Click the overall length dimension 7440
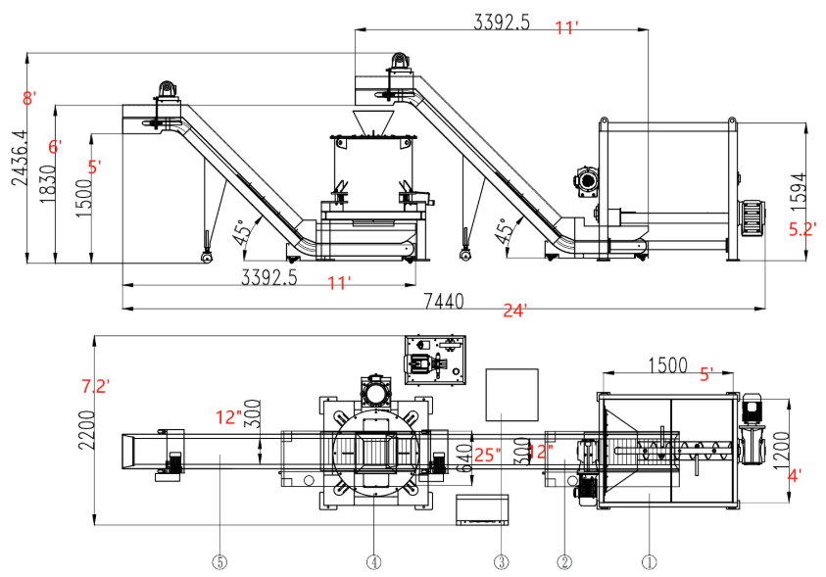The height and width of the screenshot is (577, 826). [x=444, y=301]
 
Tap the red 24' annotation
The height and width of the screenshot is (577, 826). [x=514, y=311]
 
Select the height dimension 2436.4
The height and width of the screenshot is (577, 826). [x=21, y=158]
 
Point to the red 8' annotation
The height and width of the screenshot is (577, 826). [x=29, y=98]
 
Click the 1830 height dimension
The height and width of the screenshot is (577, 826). [x=48, y=184]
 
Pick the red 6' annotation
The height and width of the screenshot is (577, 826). [x=55, y=146]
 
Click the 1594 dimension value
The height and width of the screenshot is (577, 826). [x=798, y=188]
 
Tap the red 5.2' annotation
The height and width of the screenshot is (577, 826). [x=802, y=229]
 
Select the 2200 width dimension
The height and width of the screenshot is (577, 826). [x=87, y=430]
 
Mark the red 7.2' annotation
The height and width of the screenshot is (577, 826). [x=95, y=386]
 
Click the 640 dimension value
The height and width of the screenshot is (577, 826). [x=464, y=458]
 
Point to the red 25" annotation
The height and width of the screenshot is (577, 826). [x=487, y=455]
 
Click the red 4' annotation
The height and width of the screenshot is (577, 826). [x=795, y=476]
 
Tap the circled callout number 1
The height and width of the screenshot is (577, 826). [x=649, y=562]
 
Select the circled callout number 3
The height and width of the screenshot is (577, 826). [x=501, y=562]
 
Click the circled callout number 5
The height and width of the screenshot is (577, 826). [x=219, y=562]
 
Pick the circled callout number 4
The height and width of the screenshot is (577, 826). [x=373, y=562]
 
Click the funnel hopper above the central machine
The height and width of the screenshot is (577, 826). [x=373, y=122]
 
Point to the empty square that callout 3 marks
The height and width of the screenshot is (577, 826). [x=511, y=395]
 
